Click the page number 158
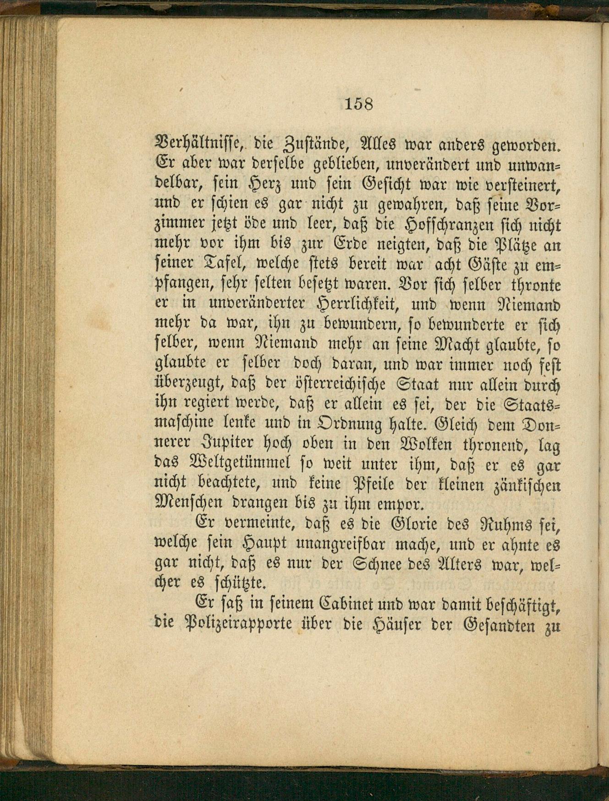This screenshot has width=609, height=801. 358,104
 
